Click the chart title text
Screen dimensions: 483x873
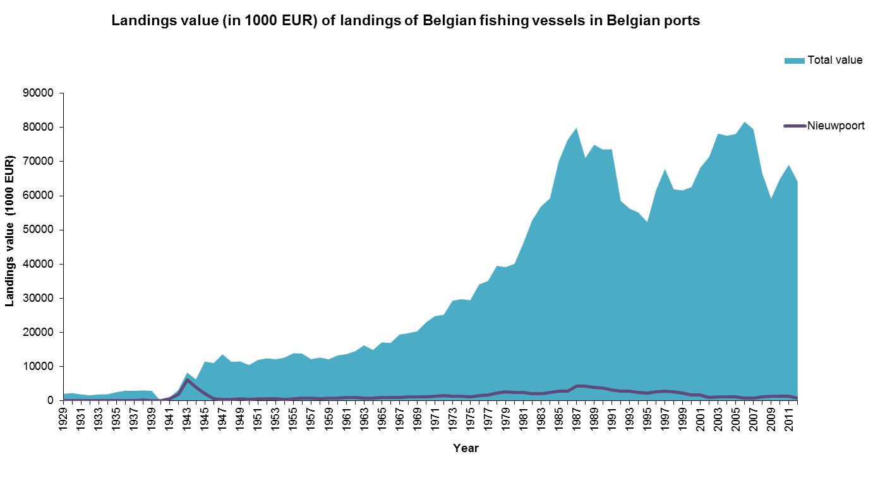pos(406,20)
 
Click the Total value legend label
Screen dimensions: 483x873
pos(834,60)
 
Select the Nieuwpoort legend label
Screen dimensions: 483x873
pos(836,126)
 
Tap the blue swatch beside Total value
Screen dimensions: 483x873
pos(794,61)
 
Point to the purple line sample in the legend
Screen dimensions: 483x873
pos(795,126)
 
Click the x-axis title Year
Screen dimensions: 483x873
pos(466,448)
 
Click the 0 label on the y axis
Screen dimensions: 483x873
pos(51,400)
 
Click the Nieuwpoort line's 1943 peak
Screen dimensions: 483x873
pos(187,379)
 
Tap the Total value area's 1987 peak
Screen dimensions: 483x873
pos(575,128)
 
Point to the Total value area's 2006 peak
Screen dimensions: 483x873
pos(744,122)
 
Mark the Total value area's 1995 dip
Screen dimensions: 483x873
pos(646,222)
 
